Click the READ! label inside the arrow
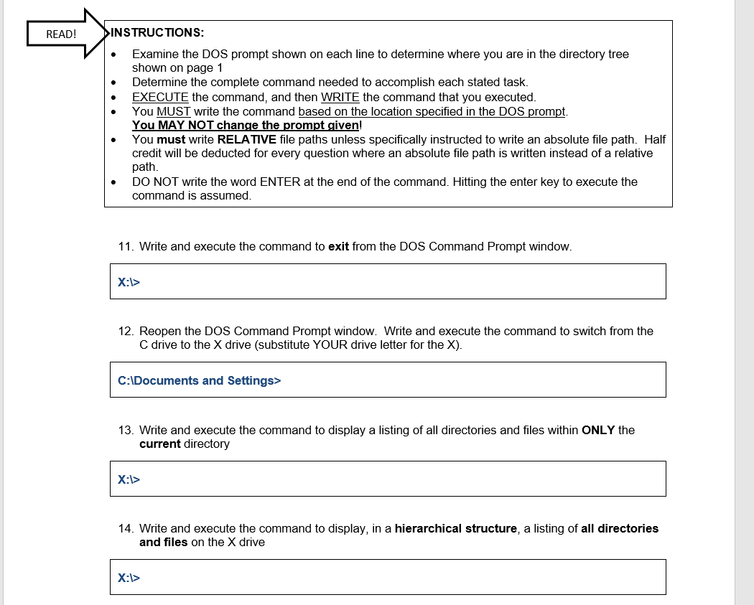pos(61,34)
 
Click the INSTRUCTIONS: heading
pos(158,32)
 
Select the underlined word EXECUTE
pos(160,97)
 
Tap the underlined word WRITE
pos(340,97)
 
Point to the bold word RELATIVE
pos(246,139)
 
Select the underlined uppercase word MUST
pos(173,111)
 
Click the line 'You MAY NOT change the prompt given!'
pos(246,125)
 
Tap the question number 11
pos(125,246)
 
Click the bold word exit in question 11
pos(338,246)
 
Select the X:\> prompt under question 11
pos(129,282)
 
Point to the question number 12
pos(125,331)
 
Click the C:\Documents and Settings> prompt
pos(199,380)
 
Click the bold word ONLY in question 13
pos(598,430)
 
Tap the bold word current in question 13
pos(159,444)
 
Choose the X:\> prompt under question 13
pos(129,479)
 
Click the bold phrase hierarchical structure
pos(455,528)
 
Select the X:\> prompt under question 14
pos(129,577)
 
